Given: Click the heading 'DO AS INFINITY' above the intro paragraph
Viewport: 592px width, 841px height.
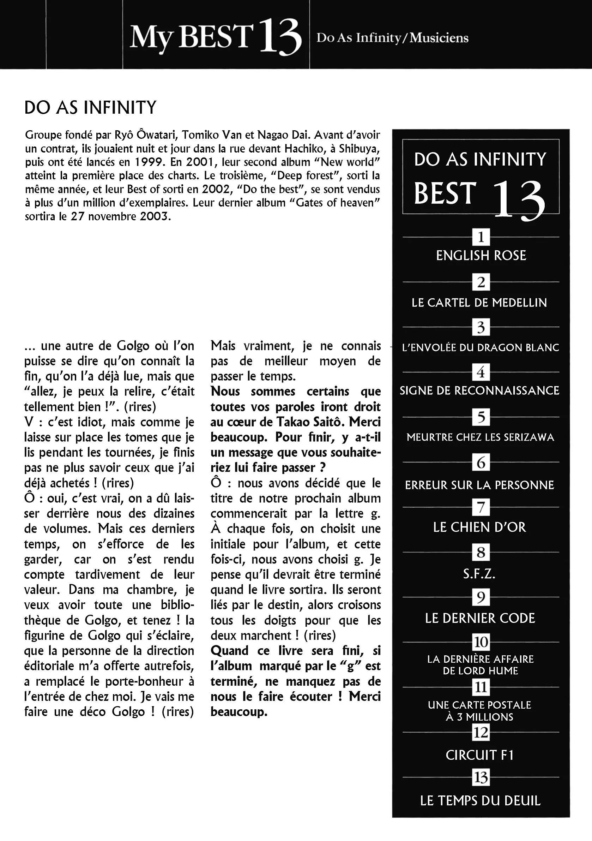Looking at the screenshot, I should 90,108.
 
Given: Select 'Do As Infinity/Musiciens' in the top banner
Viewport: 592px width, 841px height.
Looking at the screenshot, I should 392,38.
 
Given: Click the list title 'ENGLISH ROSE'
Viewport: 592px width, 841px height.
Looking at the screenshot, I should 481,256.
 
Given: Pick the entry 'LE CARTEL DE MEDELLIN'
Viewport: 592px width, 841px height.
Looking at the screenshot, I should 479,303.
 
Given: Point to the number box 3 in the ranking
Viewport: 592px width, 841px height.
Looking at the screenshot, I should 481,327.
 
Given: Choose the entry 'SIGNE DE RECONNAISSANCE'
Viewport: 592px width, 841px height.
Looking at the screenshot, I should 479,390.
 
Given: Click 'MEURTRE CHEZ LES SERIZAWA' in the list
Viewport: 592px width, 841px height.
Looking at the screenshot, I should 480,437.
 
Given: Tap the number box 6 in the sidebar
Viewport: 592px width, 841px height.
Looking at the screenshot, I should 481,463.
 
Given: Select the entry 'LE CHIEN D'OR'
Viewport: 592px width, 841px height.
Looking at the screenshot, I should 479,527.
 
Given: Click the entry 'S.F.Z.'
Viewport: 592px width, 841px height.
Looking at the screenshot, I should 479,574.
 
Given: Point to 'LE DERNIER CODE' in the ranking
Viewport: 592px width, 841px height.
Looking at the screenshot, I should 480,618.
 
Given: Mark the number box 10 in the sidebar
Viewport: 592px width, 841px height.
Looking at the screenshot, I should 481,642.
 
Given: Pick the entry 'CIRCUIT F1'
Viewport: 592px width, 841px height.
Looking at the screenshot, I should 479,755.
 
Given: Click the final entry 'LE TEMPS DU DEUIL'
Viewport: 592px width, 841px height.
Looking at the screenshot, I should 480,801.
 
